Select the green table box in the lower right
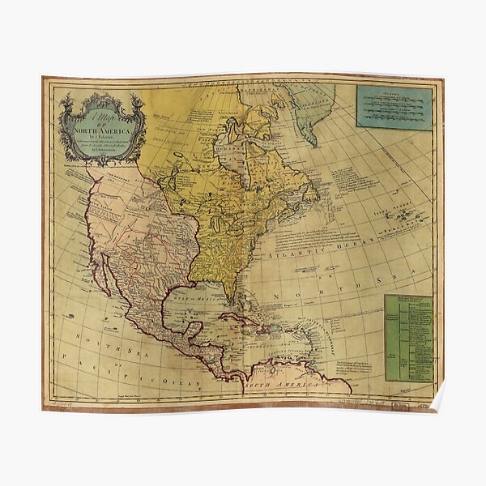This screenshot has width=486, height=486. pyautogui.click(x=408, y=336)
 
